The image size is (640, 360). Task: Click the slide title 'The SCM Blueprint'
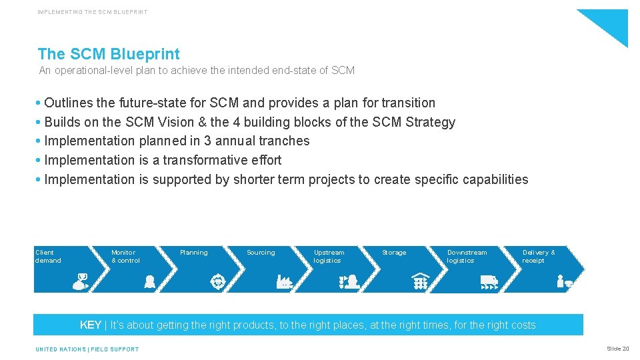coord(109,54)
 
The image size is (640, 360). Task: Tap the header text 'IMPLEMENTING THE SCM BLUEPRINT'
coord(93,12)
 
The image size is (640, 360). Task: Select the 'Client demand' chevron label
coord(48,257)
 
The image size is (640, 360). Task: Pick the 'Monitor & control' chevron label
coord(125,257)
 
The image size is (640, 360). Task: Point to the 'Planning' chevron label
coord(194,253)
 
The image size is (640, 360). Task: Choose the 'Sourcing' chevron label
coord(261,253)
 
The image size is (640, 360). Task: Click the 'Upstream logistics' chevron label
coord(329,257)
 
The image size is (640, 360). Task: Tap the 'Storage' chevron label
coord(394,253)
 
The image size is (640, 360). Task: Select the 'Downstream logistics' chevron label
coord(467,257)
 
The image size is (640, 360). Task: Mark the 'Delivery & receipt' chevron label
coord(539,257)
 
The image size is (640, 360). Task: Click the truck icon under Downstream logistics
coord(489,283)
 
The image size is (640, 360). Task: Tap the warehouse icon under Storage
coord(420,281)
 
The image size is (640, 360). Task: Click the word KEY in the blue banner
coord(91,325)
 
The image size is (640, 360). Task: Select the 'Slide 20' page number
coord(617,349)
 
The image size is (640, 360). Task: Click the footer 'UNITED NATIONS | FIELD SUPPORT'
coord(87,349)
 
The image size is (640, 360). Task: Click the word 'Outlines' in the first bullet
coord(69,103)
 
